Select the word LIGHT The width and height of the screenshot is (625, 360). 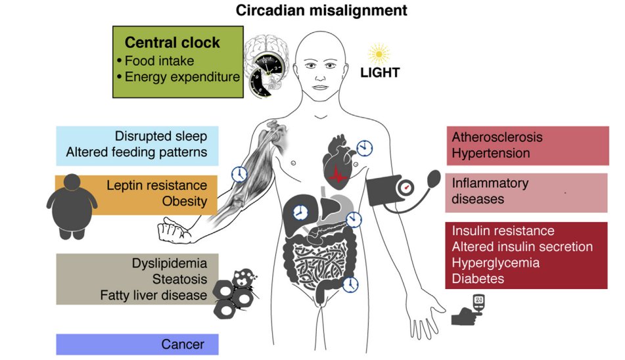(x=380, y=72)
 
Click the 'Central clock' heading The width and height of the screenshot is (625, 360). (x=172, y=43)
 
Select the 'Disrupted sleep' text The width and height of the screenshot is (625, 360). (x=161, y=137)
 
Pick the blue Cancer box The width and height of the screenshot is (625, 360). (x=137, y=344)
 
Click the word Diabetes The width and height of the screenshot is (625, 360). (x=478, y=279)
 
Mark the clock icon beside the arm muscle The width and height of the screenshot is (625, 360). (x=240, y=174)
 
